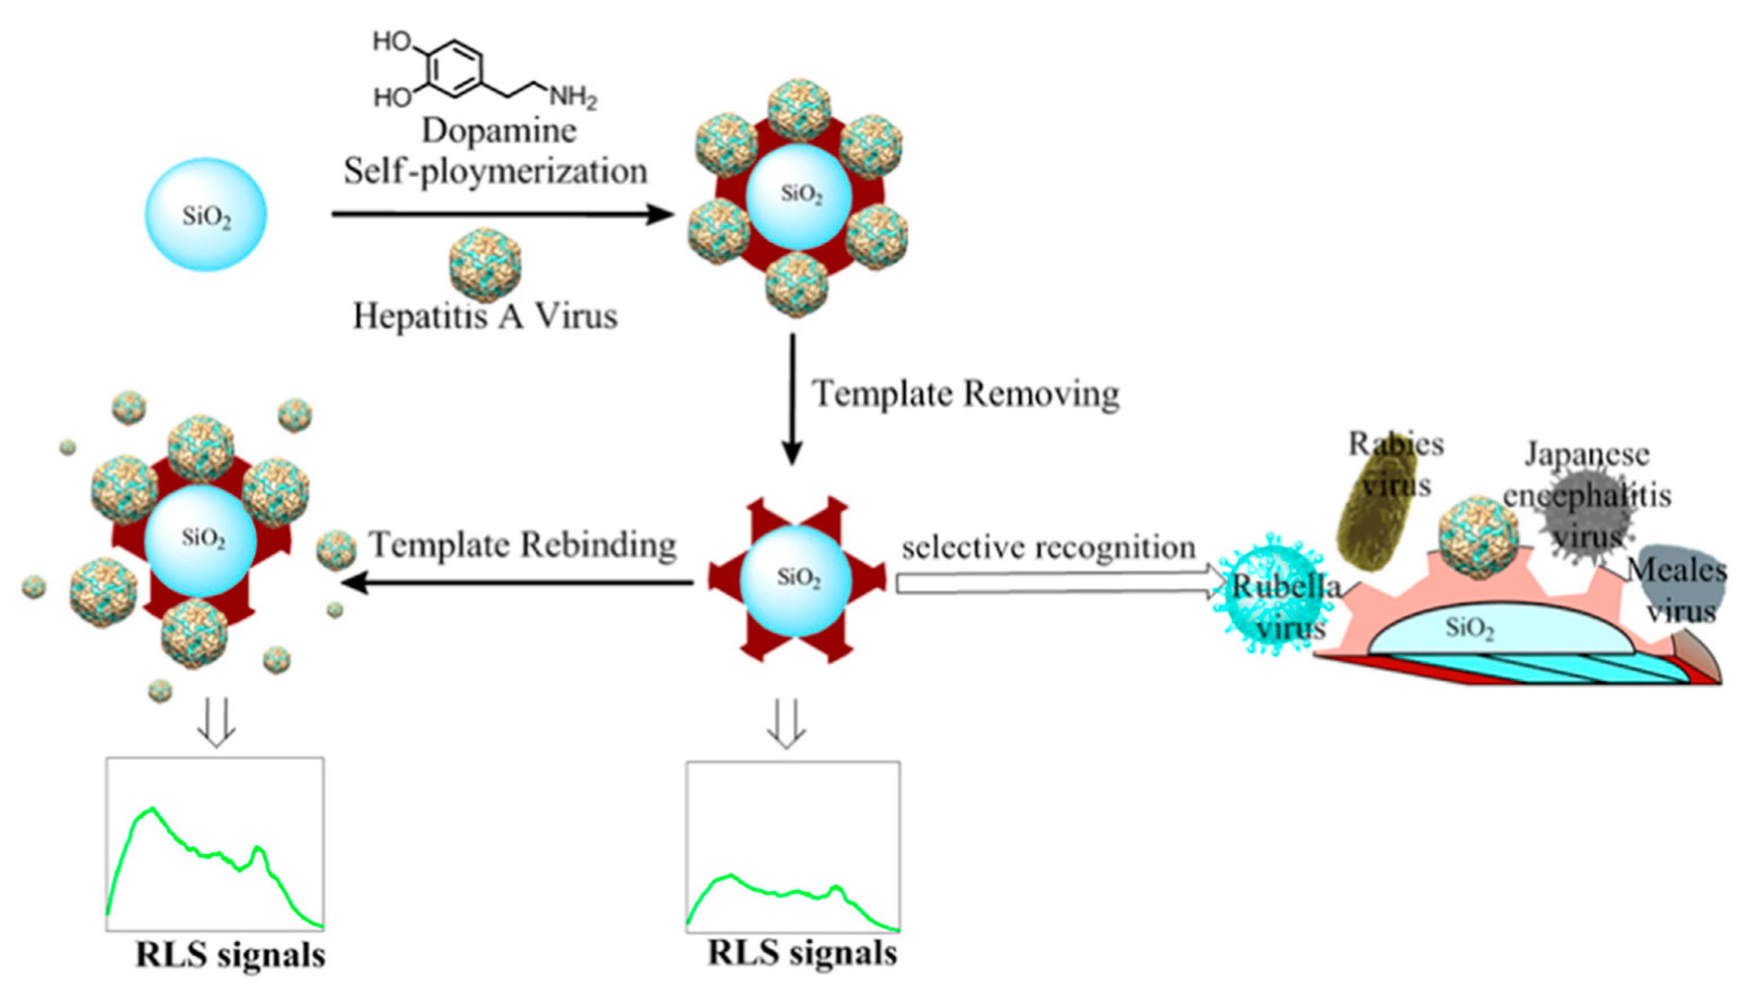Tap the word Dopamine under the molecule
pyautogui.click(x=498, y=130)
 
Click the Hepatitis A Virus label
pyautogui.click(x=485, y=316)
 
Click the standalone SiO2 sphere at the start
pyautogui.click(x=205, y=215)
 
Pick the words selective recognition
pyautogui.click(x=1048, y=548)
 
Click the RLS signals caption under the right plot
pyautogui.click(x=802, y=953)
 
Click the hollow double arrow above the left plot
pyautogui.click(x=216, y=722)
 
